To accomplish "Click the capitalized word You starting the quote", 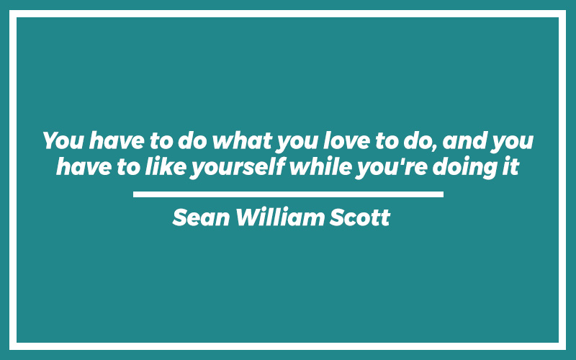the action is point(63,140).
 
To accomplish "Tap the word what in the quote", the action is point(243,140).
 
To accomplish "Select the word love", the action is point(346,140).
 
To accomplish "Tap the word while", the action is point(321,167).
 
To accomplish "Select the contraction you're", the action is point(392,168).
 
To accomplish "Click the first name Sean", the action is point(202,217).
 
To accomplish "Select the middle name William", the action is point(280,217).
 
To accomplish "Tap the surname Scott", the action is point(359,217).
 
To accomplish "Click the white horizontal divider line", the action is point(289,194).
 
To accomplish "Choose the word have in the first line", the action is point(117,140).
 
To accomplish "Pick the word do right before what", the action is point(193,140).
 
